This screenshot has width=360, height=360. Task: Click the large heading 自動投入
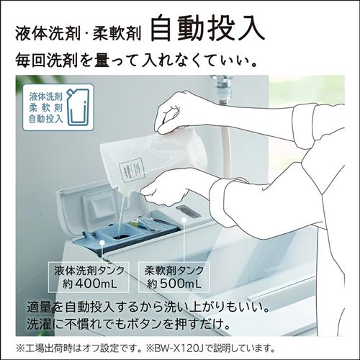(208, 28)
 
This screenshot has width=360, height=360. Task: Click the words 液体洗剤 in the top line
(48, 33)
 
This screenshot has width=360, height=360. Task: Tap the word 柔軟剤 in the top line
(117, 33)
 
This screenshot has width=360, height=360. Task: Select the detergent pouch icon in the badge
(78, 107)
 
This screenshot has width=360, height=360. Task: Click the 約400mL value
(89, 284)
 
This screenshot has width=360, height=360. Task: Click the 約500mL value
(174, 284)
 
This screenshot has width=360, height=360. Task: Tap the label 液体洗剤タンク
(89, 271)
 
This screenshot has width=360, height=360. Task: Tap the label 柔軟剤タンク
(174, 271)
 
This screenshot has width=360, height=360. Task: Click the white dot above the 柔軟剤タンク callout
(184, 219)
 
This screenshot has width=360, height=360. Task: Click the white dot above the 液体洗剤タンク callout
(102, 243)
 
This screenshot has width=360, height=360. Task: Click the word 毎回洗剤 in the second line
(47, 60)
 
